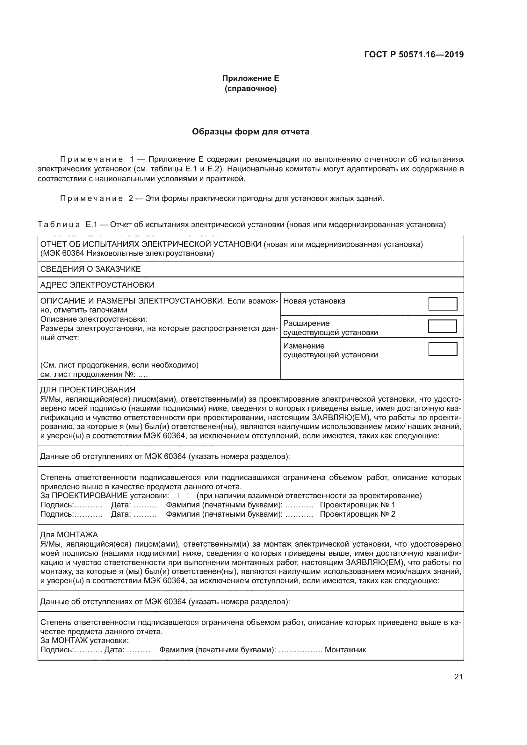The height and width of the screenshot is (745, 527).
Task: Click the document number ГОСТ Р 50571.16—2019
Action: [x=414, y=54]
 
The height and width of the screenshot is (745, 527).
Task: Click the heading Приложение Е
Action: [x=250, y=78]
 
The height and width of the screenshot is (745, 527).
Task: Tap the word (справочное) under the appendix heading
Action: [x=250, y=89]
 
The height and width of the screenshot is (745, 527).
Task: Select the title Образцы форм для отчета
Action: [x=250, y=132]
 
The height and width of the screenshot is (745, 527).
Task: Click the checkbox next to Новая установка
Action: [x=443, y=304]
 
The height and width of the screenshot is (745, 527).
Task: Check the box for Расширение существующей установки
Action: [x=442, y=326]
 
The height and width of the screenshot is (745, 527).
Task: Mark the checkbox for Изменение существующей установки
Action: [x=443, y=349]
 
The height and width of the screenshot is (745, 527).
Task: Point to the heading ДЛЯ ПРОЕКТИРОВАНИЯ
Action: [x=88, y=389]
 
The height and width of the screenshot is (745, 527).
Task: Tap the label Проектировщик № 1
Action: [x=357, y=505]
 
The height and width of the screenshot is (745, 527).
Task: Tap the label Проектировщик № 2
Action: [x=357, y=514]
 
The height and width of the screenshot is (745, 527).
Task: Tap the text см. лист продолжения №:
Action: [x=88, y=375]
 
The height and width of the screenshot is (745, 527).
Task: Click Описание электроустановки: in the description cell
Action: [x=93, y=319]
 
